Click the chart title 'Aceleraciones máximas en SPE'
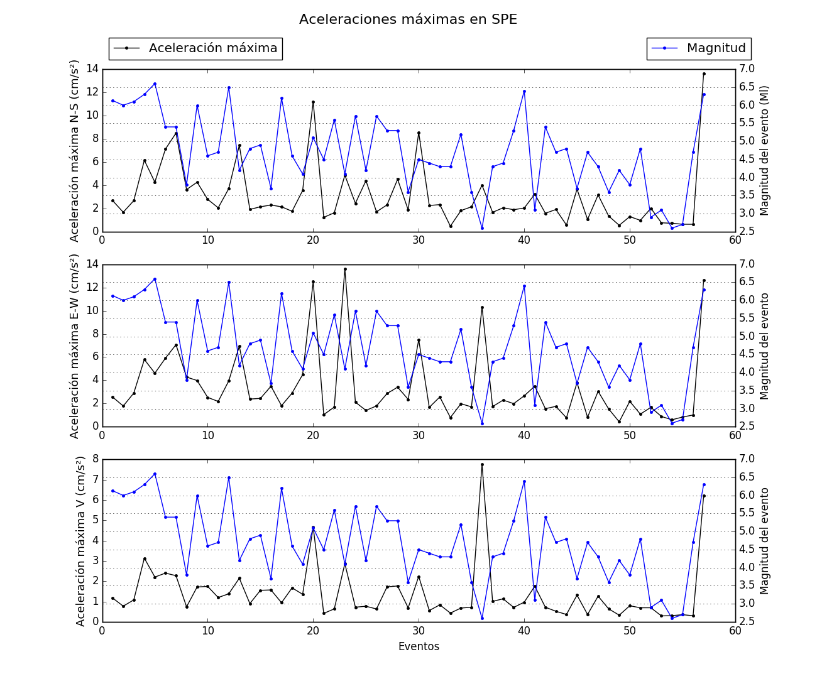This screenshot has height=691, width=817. click(408, 19)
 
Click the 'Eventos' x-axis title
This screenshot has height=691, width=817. click(419, 646)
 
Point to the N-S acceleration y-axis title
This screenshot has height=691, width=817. click(75, 151)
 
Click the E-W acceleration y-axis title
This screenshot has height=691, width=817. click(75, 345)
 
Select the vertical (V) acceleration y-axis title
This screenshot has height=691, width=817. click(80, 540)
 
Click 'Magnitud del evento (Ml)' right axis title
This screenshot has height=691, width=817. click(765, 151)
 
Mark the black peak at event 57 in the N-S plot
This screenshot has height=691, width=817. click(704, 73)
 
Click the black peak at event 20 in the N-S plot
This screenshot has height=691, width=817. click(313, 102)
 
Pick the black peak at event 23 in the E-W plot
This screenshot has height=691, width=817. click(345, 269)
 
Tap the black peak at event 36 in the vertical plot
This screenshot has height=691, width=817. click(482, 464)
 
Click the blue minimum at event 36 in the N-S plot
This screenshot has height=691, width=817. click(482, 228)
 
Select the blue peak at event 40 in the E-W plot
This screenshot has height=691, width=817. click(524, 286)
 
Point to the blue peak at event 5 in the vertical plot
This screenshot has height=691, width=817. click(155, 474)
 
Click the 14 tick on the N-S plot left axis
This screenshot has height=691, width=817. click(92, 68)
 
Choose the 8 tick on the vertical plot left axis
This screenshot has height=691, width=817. click(95, 459)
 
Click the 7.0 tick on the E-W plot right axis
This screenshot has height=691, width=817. click(747, 264)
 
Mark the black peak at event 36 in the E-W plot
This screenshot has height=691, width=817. click(482, 307)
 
